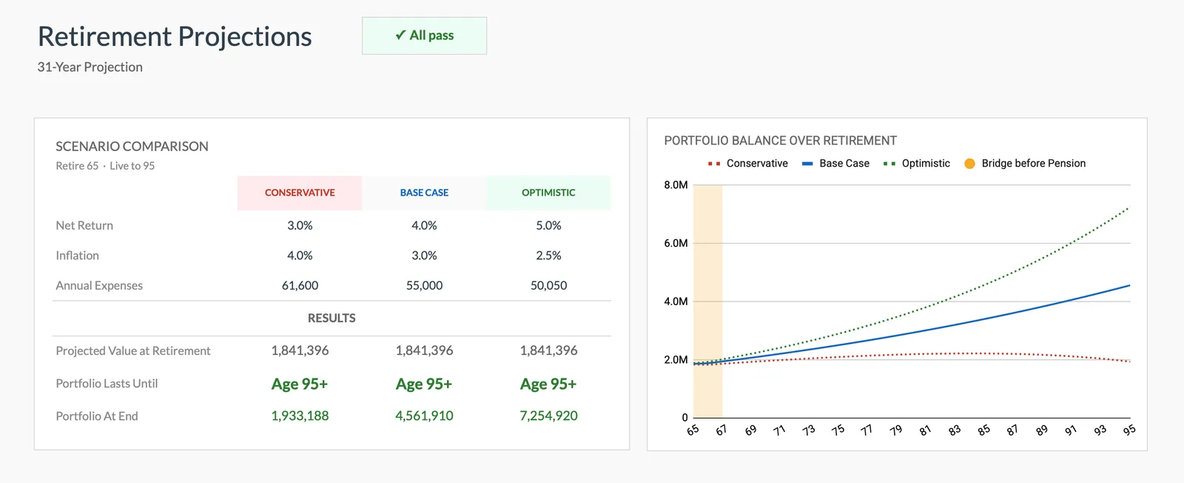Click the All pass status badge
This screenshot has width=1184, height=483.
(x=424, y=36)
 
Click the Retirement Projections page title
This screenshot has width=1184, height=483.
(x=175, y=36)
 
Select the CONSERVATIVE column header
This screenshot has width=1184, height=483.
(x=300, y=193)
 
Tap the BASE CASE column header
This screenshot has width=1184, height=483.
(x=424, y=193)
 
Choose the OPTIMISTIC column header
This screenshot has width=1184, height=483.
(x=548, y=193)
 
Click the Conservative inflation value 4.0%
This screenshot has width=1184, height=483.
(x=300, y=256)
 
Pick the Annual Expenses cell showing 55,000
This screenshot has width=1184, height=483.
(x=424, y=285)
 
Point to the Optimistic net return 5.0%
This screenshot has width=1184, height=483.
(x=548, y=225)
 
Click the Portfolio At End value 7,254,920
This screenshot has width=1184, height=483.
(x=548, y=416)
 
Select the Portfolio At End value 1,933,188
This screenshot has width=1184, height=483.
(x=300, y=416)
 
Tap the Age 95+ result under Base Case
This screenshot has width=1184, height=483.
(x=424, y=384)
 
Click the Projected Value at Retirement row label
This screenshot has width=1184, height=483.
(x=133, y=350)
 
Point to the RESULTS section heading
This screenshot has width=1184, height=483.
(x=332, y=318)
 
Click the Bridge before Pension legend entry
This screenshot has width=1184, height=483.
(x=1025, y=163)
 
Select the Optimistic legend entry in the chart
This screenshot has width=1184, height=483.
(x=918, y=163)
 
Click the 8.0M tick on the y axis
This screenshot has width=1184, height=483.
(x=676, y=184)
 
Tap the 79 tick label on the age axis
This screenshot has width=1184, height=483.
(x=895, y=430)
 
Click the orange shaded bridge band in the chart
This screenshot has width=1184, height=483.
(x=707, y=296)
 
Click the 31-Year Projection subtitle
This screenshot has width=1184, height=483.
(x=90, y=67)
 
